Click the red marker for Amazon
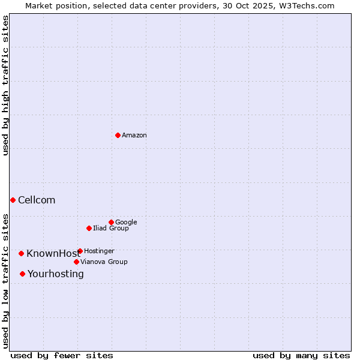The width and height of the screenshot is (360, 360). [x=118, y=135]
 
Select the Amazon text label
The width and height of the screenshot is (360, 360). [x=134, y=136]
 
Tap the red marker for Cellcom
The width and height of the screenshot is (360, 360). [x=13, y=200]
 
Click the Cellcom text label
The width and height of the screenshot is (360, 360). [x=37, y=200]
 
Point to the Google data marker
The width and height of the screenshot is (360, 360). [x=111, y=222]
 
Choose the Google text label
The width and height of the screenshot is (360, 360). [x=126, y=223]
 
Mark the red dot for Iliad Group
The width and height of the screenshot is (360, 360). [x=89, y=228]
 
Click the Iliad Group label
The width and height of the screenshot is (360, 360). [x=111, y=229]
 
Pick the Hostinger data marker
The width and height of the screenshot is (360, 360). [x=80, y=251]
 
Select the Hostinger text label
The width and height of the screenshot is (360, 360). [x=99, y=251]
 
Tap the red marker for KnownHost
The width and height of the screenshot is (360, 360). [x=21, y=253]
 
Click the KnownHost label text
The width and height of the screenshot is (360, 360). [x=53, y=254]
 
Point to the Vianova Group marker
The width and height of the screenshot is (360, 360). [x=76, y=262]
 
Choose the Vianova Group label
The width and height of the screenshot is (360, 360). [x=104, y=262]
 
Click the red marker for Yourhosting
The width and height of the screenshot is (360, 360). [x=22, y=274]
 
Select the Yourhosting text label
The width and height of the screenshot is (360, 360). [x=56, y=274]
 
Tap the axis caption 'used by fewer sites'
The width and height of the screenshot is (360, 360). [x=62, y=356]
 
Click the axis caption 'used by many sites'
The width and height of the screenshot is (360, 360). [x=301, y=356]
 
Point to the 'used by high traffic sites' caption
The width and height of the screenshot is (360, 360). [x=5, y=85]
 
